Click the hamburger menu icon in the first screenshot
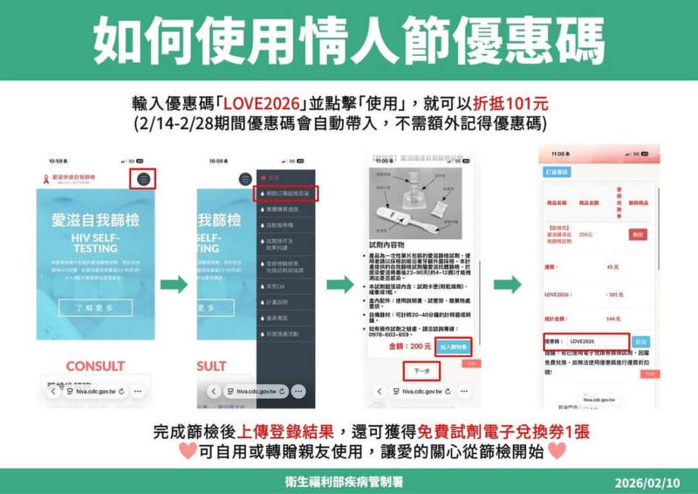pos(145,179)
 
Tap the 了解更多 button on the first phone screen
pos(96,307)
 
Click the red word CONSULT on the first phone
pos(96,365)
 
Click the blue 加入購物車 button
pos(453,346)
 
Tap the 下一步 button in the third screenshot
pos(421,371)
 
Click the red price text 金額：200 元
pos(407,346)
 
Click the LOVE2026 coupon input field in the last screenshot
pos(595,341)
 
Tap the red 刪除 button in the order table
pos(638,235)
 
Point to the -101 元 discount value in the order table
pos(615,294)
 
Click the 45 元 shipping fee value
pos(612,267)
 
